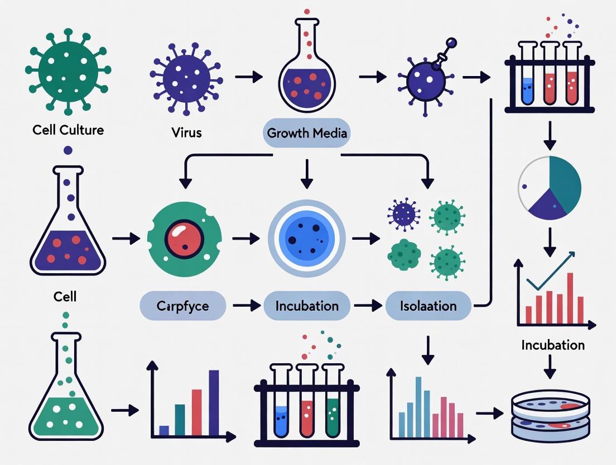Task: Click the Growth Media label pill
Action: [x=307, y=133]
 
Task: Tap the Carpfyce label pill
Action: [x=183, y=306]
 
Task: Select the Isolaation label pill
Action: [x=429, y=306]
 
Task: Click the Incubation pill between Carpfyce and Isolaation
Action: [x=307, y=306]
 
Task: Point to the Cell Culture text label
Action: [x=68, y=130]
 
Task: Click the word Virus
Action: [x=187, y=133]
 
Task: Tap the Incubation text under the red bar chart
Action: [x=553, y=345]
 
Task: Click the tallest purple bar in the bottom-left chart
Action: [x=213, y=402]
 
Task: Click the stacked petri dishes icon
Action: [x=550, y=415]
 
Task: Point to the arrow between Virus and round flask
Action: [x=248, y=77]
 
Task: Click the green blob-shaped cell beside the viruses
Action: [x=404, y=255]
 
